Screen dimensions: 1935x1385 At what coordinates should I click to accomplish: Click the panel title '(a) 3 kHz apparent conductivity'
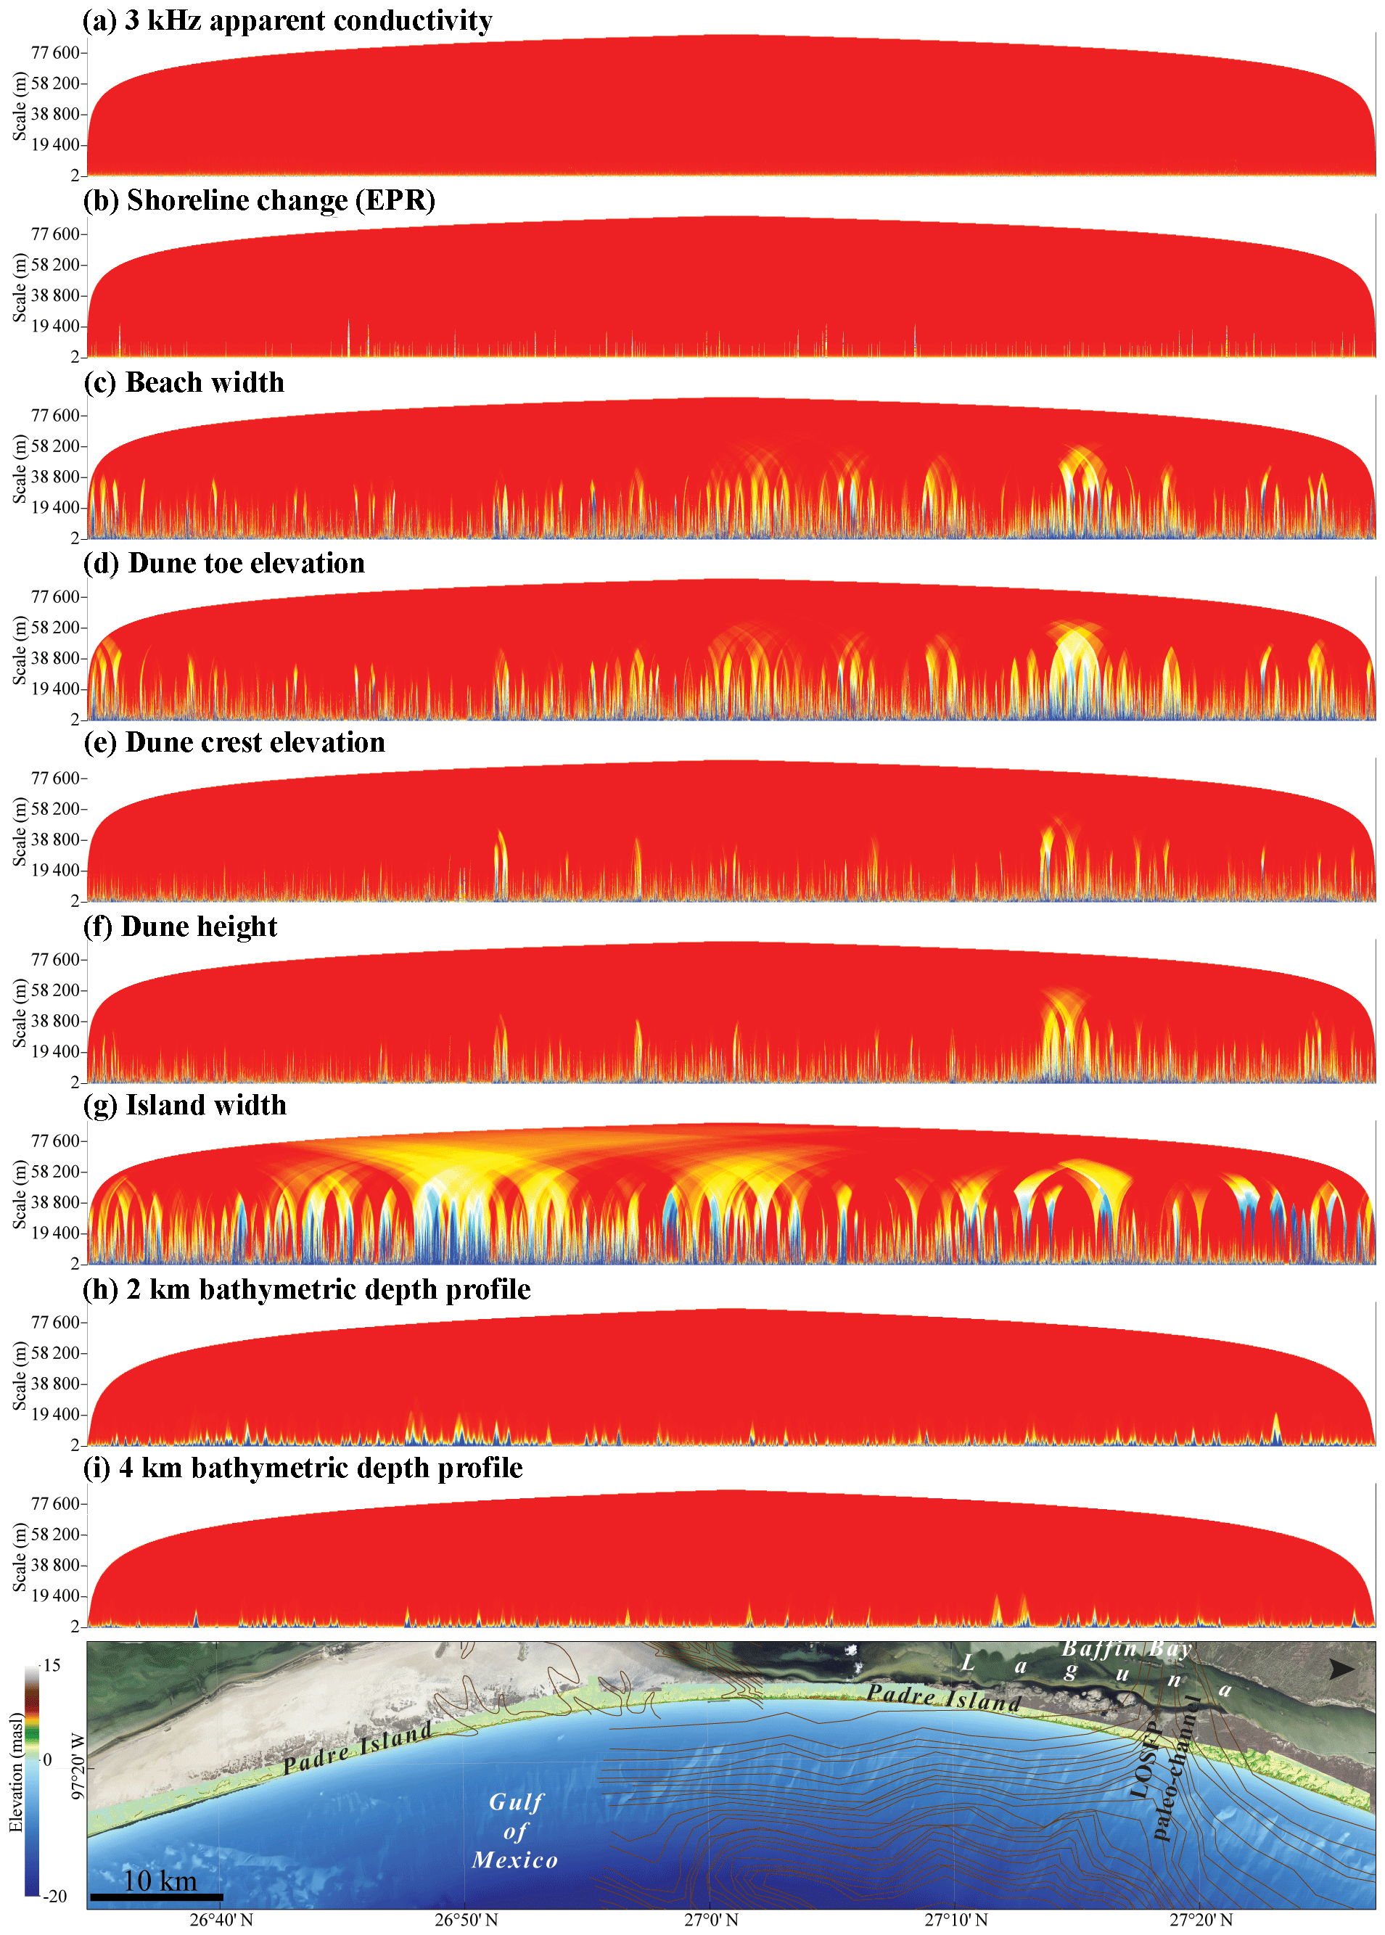tap(287, 20)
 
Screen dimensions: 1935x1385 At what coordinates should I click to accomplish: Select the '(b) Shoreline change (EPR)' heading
tap(259, 200)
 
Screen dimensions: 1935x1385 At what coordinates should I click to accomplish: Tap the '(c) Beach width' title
tap(184, 382)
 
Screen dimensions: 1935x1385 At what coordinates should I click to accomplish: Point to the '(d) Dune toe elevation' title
tap(224, 563)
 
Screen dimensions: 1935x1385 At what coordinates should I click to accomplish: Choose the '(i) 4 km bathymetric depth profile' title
tap(303, 1468)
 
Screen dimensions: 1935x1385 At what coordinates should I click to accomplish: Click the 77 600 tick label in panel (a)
tap(55, 53)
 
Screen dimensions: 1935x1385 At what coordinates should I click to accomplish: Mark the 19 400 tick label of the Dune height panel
tap(55, 1051)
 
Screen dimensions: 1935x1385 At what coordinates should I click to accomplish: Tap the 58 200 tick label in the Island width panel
tap(55, 1172)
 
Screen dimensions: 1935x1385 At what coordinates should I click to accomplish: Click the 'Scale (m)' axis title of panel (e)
tap(20, 831)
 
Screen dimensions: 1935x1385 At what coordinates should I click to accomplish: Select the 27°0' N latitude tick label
tap(711, 1920)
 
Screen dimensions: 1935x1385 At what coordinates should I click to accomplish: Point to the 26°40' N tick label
tap(221, 1920)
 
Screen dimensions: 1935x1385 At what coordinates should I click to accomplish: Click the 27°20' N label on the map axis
tap(1201, 1920)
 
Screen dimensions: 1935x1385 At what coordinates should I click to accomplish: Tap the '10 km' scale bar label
tap(160, 1881)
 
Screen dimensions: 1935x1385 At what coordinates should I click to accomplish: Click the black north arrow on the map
tap(1341, 1669)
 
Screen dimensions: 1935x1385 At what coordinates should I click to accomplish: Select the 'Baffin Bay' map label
tap(1126, 1649)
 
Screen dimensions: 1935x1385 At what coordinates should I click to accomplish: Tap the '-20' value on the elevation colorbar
tap(54, 1897)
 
